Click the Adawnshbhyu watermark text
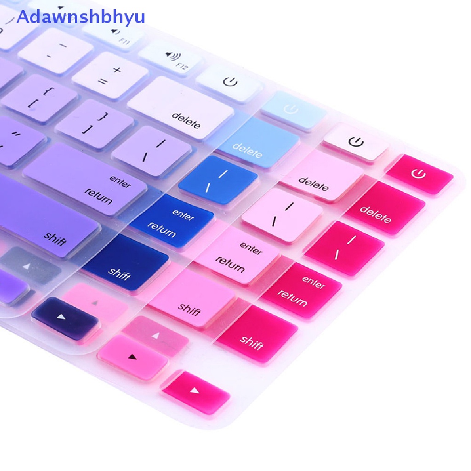pyautogui.click(x=81, y=17)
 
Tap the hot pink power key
pyautogui.click(x=419, y=174)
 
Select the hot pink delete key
pyautogui.click(x=385, y=207)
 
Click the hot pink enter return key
pyautogui.click(x=301, y=290)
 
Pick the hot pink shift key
pyautogui.click(x=257, y=334)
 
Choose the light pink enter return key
pyautogui.click(x=237, y=255)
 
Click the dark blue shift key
pyautogui.click(x=126, y=262)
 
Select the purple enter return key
pyautogui.click(x=85, y=179)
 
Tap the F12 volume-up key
pyautogui.click(x=170, y=58)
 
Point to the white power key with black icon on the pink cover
pyautogui.click(x=356, y=141)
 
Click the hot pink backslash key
pyautogui.click(x=345, y=248)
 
